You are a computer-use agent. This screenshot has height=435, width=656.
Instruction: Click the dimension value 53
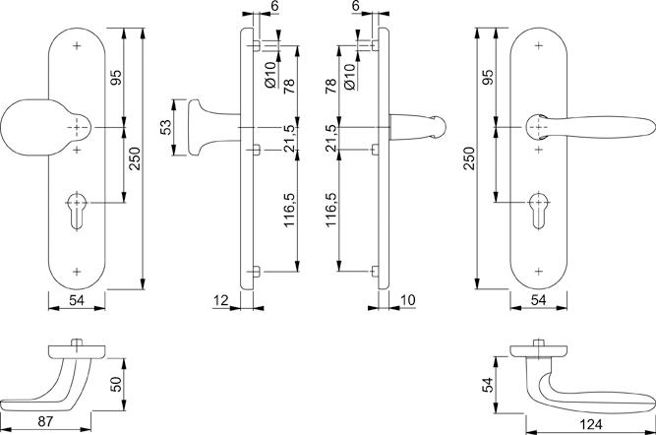pyautogui.click(x=166, y=127)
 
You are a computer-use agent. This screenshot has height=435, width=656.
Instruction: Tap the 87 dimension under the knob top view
pyautogui.click(x=45, y=421)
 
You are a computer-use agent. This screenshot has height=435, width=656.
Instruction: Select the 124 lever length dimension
pyautogui.click(x=591, y=424)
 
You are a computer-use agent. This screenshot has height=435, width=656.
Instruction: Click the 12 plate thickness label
pyautogui.click(x=221, y=300)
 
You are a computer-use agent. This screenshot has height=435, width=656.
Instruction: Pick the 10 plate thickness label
pyautogui.click(x=407, y=300)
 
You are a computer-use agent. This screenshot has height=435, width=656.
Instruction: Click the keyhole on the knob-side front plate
pyautogui.click(x=77, y=211)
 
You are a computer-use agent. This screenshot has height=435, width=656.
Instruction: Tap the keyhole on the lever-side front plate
pyautogui.click(x=539, y=211)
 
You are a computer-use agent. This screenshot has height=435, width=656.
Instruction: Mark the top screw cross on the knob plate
pyautogui.click(x=77, y=45)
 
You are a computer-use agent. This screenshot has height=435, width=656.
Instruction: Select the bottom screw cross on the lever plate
pyautogui.click(x=539, y=272)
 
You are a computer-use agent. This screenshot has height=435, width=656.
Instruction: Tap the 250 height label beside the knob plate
pyautogui.click(x=135, y=158)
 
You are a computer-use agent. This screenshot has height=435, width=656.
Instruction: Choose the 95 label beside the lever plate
pyautogui.click(x=488, y=77)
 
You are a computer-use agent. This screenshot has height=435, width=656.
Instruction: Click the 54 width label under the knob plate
pyautogui.click(x=77, y=300)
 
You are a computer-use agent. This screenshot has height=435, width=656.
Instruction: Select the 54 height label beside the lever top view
pyautogui.click(x=488, y=385)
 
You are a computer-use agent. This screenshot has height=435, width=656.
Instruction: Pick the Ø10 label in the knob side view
pyautogui.click(x=270, y=74)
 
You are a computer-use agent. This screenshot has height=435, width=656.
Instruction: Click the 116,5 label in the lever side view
pyautogui.click(x=330, y=210)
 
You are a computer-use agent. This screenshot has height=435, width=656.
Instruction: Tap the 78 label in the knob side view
pyautogui.click(x=289, y=86)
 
